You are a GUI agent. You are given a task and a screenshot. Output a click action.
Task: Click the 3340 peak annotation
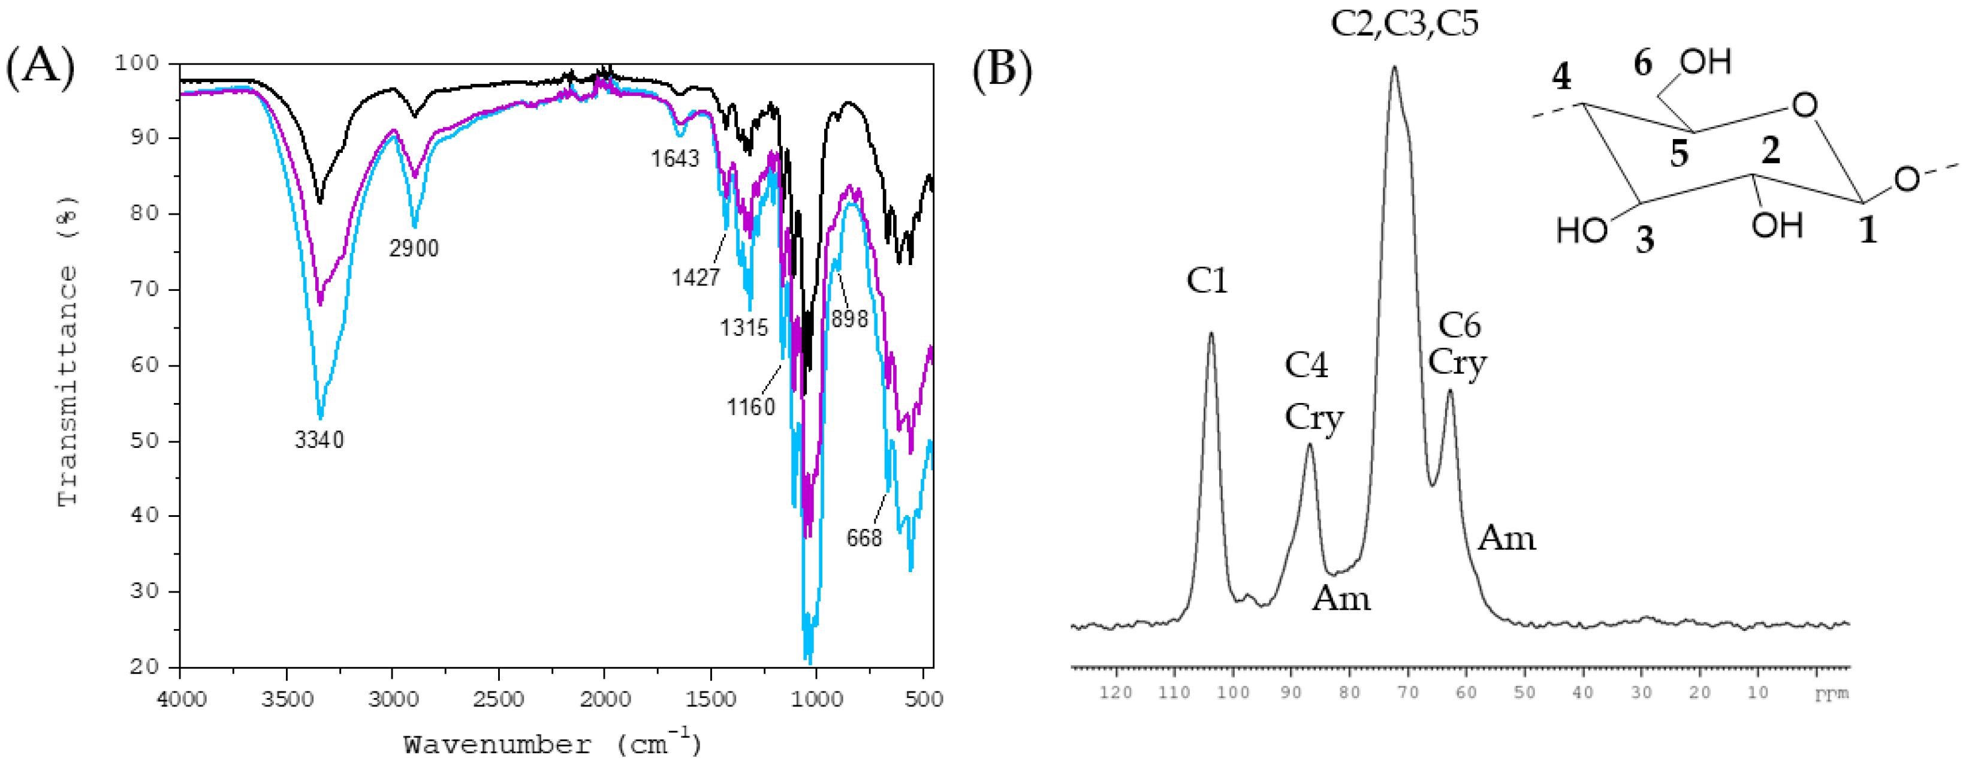click(x=319, y=440)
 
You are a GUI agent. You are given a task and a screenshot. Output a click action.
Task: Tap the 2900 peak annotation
click(x=414, y=249)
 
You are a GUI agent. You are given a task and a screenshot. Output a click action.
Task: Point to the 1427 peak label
click(x=696, y=277)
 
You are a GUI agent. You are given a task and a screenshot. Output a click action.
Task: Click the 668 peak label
click(x=864, y=538)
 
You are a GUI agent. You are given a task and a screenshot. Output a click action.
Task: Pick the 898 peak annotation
click(x=850, y=318)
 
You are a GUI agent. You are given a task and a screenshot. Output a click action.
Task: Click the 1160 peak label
click(x=750, y=407)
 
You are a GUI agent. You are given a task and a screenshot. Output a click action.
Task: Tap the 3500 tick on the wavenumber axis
click(x=287, y=699)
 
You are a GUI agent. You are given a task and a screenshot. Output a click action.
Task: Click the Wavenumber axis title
click(x=552, y=744)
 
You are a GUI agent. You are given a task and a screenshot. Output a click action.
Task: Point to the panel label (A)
click(x=40, y=67)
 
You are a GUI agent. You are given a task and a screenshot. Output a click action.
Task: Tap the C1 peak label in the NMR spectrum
click(x=1207, y=281)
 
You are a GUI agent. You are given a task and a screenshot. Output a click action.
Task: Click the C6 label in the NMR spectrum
click(x=1459, y=326)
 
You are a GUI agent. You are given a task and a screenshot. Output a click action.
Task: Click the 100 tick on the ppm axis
click(x=1232, y=693)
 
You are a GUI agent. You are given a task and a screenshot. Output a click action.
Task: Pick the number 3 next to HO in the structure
click(x=1644, y=240)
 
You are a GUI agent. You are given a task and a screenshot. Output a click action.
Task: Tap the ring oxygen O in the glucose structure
click(x=1804, y=105)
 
